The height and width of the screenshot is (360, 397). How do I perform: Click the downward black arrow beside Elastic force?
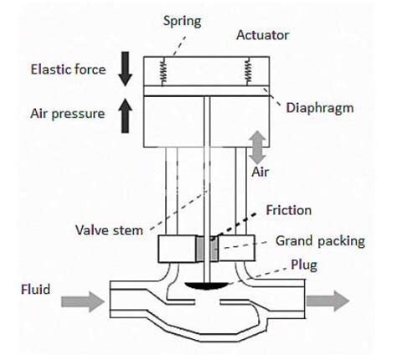[126, 69]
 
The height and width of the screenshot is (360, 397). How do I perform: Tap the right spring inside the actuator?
[248, 71]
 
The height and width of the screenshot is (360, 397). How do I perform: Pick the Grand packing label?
[319, 241]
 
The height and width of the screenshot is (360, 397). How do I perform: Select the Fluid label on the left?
[36, 290]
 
